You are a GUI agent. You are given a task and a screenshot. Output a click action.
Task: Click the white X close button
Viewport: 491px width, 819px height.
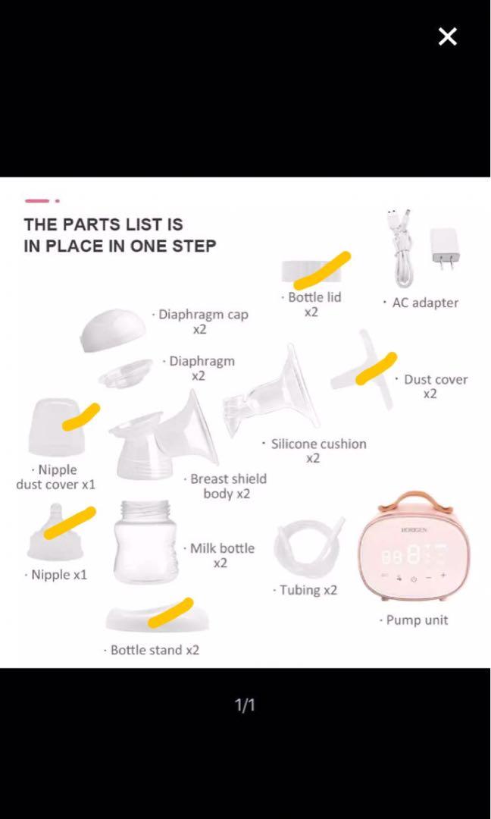pos(447,36)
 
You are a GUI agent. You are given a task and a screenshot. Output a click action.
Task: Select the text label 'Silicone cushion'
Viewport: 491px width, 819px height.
pos(319,444)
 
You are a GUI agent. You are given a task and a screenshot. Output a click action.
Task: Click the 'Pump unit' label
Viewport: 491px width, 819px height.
pos(417,620)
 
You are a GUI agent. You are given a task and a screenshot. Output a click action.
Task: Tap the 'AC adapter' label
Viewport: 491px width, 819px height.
pos(425,303)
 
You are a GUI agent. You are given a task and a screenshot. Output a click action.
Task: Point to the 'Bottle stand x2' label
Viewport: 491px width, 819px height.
pos(155,650)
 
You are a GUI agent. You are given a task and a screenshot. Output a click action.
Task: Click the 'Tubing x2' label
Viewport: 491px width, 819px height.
pos(308,590)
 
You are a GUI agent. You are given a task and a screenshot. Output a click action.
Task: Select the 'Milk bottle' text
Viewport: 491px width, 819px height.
pos(222,548)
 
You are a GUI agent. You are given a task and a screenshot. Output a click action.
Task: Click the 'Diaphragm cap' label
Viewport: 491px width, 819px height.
pos(204,315)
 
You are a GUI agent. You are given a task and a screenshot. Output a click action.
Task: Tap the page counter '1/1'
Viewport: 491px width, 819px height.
pos(245,705)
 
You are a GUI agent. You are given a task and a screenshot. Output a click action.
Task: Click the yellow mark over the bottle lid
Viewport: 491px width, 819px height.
pos(322,270)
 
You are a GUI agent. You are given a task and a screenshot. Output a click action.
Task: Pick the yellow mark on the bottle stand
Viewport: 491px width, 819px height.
pos(170,613)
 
